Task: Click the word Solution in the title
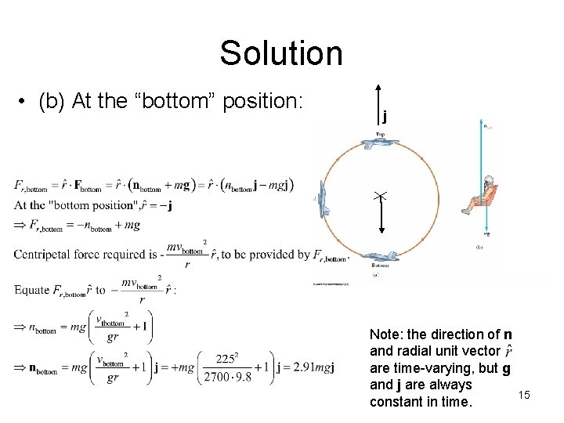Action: [280, 53]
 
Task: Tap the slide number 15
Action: [523, 395]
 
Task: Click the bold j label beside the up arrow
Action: [385, 117]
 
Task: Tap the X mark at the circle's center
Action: [380, 196]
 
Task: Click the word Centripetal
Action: [42, 254]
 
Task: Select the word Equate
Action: [31, 290]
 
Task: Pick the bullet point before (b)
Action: [26, 103]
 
